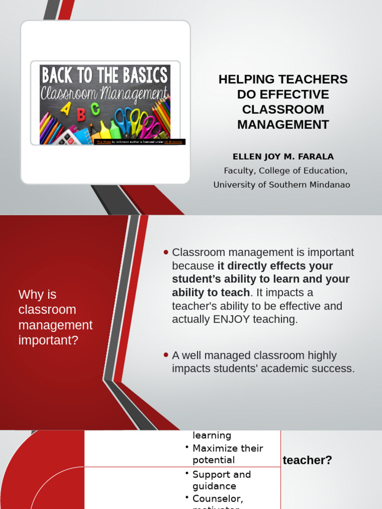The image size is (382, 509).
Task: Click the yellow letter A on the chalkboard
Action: (x=65, y=110)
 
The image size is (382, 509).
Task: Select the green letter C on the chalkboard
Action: (x=95, y=108)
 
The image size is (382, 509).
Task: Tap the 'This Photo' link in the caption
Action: (x=102, y=142)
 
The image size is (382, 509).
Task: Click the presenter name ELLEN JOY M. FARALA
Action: (x=283, y=157)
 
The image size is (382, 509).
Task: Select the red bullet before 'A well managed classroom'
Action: (x=166, y=355)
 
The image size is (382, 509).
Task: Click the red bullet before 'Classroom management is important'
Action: (x=166, y=252)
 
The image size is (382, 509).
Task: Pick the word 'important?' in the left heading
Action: (x=48, y=340)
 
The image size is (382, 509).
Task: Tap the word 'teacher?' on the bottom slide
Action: (x=307, y=460)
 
